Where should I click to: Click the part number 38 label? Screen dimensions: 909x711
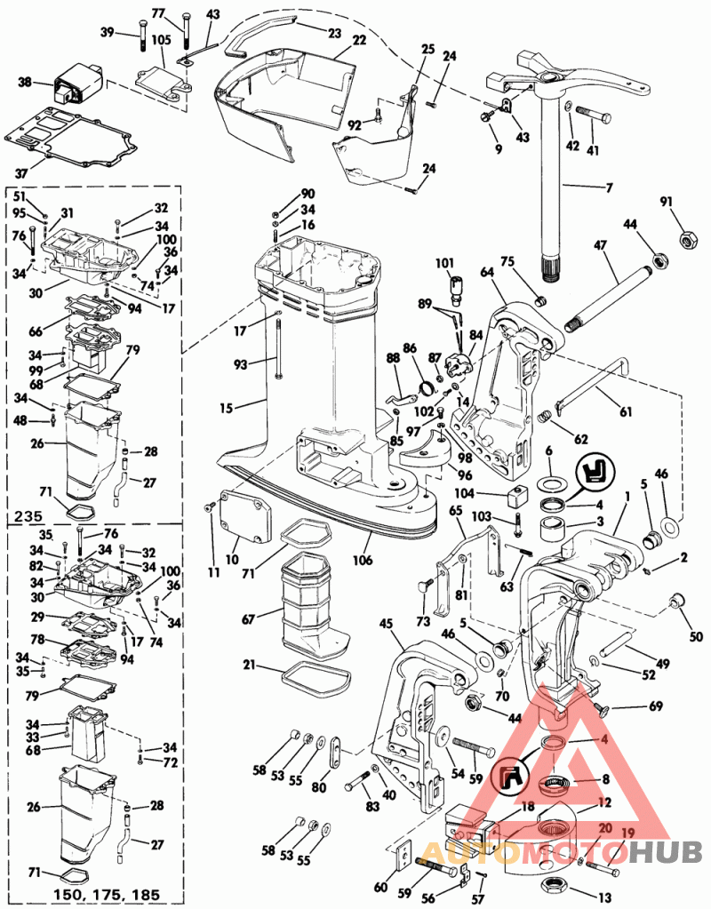pyautogui.click(x=24, y=83)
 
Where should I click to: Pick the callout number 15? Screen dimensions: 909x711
pyautogui.click(x=228, y=410)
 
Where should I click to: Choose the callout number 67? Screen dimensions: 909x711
pyautogui.click(x=249, y=617)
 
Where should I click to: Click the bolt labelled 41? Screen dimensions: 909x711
pyautogui.click(x=595, y=115)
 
